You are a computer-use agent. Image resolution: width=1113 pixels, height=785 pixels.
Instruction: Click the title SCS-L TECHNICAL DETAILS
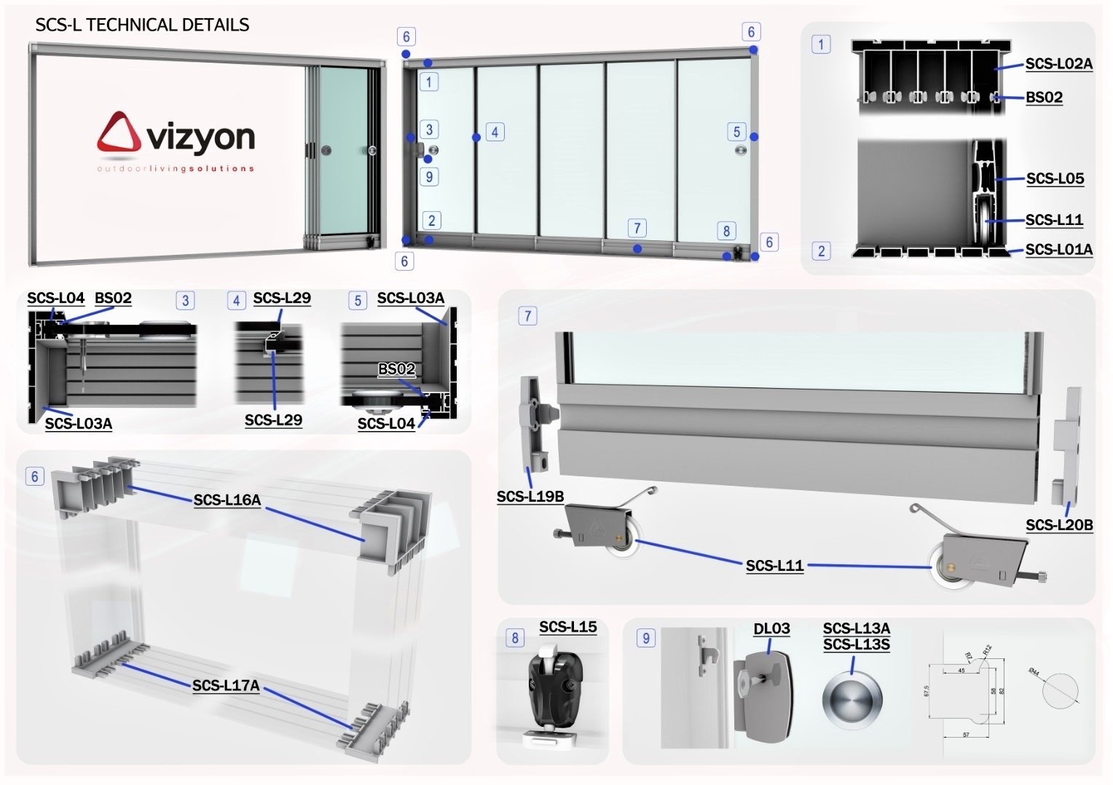(x=142, y=25)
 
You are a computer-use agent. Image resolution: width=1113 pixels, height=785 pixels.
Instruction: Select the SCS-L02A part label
(x=1058, y=64)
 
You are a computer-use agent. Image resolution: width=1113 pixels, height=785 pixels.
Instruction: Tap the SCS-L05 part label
(x=1055, y=178)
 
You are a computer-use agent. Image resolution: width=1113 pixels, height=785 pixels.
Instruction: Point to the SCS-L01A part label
(x=1058, y=250)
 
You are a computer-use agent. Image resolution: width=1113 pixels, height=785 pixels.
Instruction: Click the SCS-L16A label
(x=227, y=500)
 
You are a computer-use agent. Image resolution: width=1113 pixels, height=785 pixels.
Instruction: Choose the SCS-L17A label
(x=226, y=685)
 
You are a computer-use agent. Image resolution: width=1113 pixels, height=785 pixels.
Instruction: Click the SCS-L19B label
(x=530, y=497)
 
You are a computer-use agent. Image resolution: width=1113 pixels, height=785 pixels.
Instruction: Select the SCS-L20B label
(x=1058, y=525)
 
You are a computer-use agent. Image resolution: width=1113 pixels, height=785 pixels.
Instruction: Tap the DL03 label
(x=771, y=628)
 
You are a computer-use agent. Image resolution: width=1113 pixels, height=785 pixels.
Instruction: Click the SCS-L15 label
(x=567, y=627)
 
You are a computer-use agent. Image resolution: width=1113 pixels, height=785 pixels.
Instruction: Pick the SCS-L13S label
(x=856, y=644)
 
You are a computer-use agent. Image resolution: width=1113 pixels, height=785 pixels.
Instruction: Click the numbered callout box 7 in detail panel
(x=528, y=316)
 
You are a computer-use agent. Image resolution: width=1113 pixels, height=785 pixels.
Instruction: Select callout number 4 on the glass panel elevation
(x=495, y=133)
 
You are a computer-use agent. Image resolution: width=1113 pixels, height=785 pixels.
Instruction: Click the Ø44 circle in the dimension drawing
(x=1059, y=690)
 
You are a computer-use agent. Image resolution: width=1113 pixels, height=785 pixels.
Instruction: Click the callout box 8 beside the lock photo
(x=515, y=638)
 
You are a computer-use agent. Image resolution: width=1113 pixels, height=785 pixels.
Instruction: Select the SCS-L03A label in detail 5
(x=410, y=298)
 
